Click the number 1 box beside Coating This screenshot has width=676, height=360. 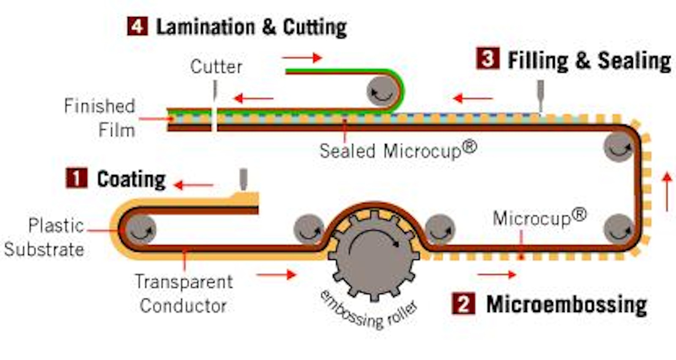(x=76, y=178)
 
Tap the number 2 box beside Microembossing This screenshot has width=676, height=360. (x=463, y=304)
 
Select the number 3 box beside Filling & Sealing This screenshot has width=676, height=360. (x=488, y=58)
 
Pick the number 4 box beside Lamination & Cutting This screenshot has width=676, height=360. (x=137, y=26)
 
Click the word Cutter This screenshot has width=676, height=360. (x=216, y=67)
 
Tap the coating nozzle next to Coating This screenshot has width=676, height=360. (x=243, y=180)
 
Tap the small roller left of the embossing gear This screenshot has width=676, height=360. (x=309, y=229)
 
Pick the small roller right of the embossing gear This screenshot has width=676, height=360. (x=440, y=229)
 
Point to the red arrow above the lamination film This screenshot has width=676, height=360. (x=302, y=57)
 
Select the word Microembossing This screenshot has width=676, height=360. (x=567, y=305)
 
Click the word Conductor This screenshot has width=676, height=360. (x=183, y=305)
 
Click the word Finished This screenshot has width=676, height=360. (x=100, y=106)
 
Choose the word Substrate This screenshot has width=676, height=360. (x=44, y=249)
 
